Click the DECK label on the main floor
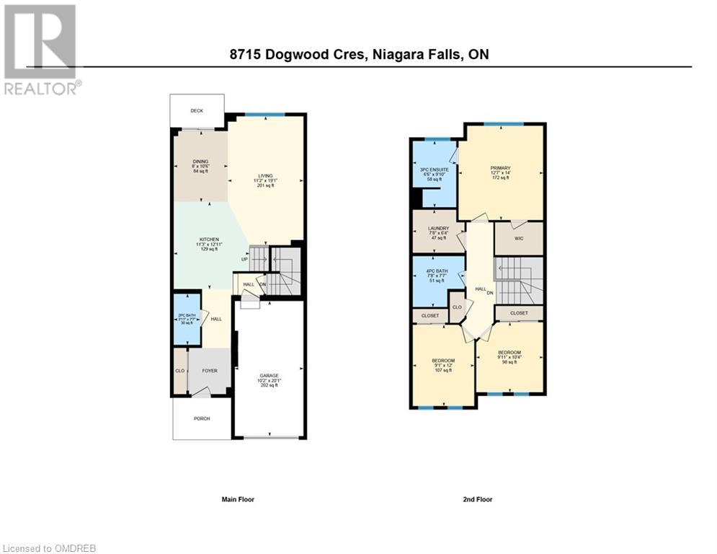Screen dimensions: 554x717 click(197, 111)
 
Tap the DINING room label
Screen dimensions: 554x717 click(200, 162)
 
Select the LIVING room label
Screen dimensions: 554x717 click(265, 175)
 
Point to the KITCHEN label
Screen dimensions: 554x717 click(209, 239)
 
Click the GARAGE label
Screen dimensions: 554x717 click(269, 376)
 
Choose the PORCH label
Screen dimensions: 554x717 click(201, 418)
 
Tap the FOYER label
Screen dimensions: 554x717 click(209, 371)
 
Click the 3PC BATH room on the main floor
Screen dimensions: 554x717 click(186, 318)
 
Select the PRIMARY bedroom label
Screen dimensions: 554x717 click(500, 168)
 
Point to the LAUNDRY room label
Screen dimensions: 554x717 click(438, 229)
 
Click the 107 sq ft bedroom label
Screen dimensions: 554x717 click(443, 361)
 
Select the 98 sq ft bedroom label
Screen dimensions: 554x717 click(508, 353)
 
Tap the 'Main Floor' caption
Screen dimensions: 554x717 click(237, 499)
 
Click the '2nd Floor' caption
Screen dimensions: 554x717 click(477, 499)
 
